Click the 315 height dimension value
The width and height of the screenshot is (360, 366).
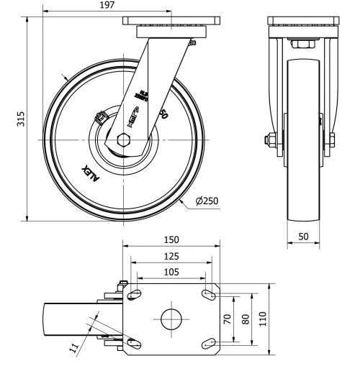click(21, 117)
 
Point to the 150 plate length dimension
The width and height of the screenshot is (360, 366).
click(170, 239)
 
